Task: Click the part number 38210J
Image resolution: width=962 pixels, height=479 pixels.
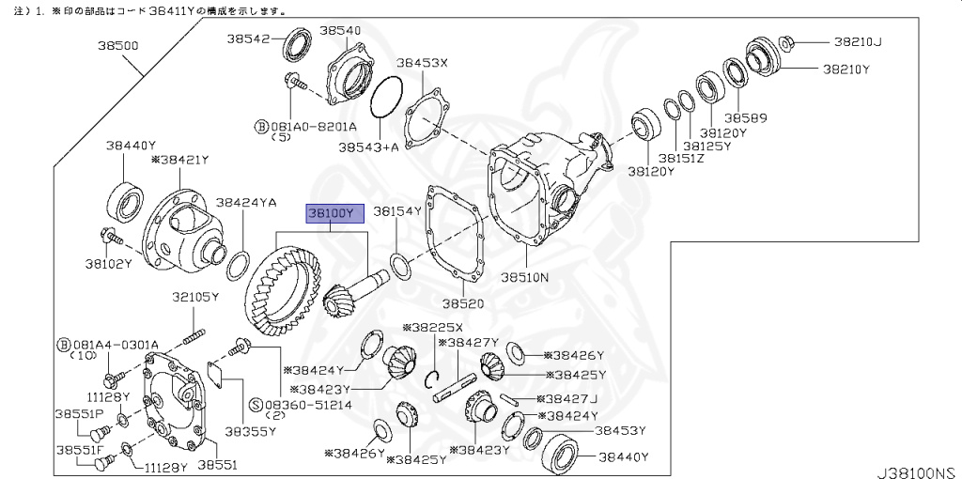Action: pyautogui.click(x=858, y=41)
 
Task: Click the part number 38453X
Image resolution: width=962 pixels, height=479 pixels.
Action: pyautogui.click(x=422, y=63)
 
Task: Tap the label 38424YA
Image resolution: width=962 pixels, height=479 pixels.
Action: pyautogui.click(x=246, y=201)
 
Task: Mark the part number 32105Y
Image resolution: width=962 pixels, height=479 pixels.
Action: pyautogui.click(x=194, y=297)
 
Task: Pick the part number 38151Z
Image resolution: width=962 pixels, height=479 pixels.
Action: pyautogui.click(x=681, y=159)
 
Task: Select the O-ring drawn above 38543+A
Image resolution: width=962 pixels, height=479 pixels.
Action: pyautogui.click(x=386, y=98)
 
